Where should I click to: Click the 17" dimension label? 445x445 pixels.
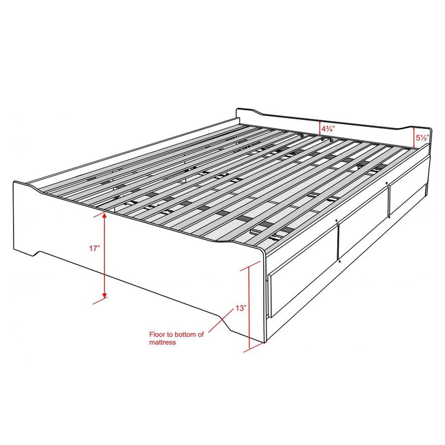point(95,249)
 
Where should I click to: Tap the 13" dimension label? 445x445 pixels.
point(240,308)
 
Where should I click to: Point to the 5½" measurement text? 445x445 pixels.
point(423,138)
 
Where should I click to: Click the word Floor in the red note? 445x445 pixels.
point(157,334)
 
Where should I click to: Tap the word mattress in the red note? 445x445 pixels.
point(163,342)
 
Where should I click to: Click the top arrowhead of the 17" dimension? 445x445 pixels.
point(104,215)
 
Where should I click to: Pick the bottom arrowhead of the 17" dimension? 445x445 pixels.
point(104,295)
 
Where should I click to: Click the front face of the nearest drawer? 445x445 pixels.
point(303,271)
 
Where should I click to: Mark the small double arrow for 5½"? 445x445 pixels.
point(414,137)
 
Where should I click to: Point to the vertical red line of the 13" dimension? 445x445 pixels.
point(249,308)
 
